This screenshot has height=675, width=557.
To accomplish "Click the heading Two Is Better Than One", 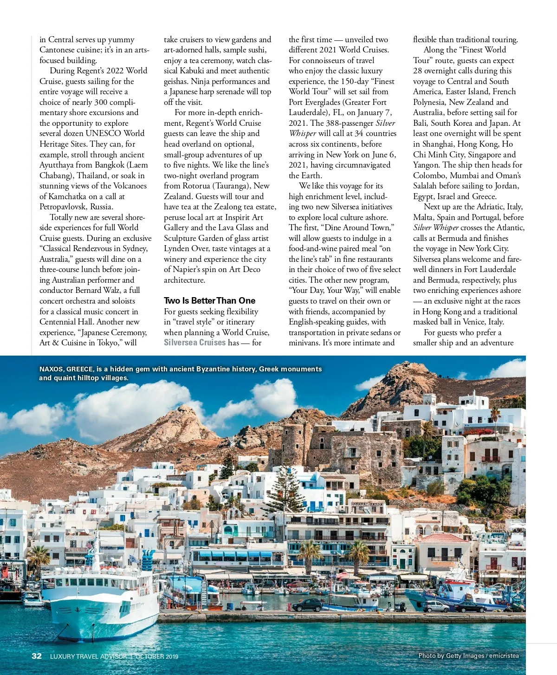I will coord(209,300).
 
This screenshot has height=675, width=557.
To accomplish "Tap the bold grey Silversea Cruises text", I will coord(194,343).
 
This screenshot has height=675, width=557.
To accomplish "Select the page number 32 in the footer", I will coord(37,656).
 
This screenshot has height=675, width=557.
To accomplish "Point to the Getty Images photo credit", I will coord(468,656).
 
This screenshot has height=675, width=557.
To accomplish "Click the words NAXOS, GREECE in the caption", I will coord(66,369).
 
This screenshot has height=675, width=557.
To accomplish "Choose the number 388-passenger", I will coord(349,123).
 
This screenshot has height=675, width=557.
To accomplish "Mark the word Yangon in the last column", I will coord(426,165).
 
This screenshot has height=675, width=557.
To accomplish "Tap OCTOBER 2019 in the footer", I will coord(156,656).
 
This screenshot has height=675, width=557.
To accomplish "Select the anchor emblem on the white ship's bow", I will coord(78,609).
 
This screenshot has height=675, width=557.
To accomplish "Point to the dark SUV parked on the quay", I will coord(307,604).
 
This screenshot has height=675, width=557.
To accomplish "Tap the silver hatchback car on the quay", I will coord(436,606).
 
